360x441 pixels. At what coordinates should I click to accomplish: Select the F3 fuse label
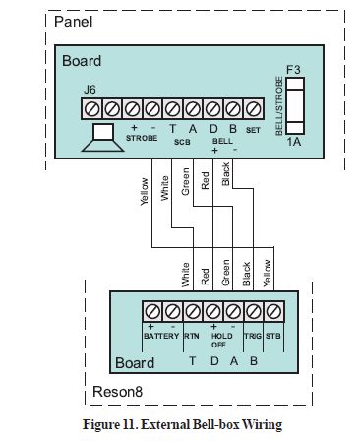coord(291,70)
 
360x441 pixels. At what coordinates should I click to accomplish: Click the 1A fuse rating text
coord(292,142)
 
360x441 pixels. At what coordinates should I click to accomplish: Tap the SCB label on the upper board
coord(184,141)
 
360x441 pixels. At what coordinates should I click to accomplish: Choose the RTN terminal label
coord(192,334)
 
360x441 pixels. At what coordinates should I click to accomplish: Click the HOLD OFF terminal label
coord(219,339)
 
